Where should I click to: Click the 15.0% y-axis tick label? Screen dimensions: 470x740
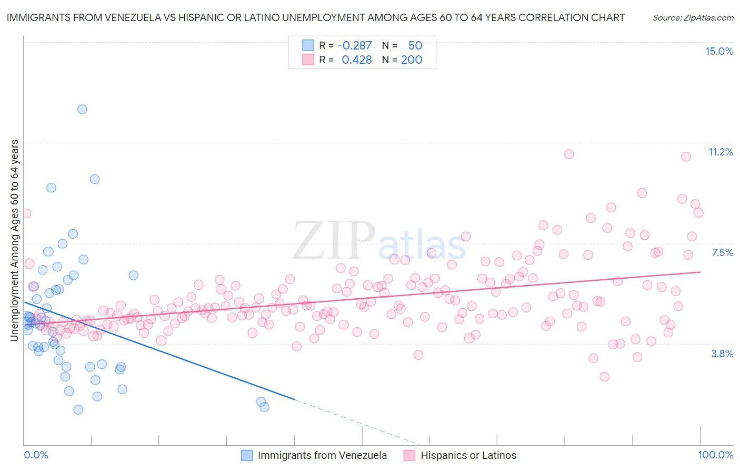point(719,51)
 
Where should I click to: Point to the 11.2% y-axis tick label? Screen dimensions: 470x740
point(721,152)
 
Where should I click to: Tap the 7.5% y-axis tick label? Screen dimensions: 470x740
point(722,252)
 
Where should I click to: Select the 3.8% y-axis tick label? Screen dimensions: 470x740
point(722,354)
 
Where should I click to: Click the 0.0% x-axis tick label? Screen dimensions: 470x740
point(36,455)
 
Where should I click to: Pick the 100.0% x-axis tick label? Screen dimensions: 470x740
point(715,455)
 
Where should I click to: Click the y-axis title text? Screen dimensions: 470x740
point(14,240)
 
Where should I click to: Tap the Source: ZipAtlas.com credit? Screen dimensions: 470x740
point(693,17)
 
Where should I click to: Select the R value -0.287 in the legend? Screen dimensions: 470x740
point(354,45)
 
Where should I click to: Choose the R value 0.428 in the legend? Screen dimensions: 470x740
point(356,60)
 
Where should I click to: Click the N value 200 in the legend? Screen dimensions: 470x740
point(412,60)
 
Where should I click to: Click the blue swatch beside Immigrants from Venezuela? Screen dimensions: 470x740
point(247,455)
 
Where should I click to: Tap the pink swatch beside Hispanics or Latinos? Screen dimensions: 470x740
point(409,455)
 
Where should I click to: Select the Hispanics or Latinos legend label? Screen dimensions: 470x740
point(468,455)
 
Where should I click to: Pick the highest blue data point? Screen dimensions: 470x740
point(82,110)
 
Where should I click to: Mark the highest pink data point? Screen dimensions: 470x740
point(569,154)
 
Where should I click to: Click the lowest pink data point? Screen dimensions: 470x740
point(604,377)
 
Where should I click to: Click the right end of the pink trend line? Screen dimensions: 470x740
point(700,272)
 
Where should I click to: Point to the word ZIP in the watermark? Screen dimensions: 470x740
point(334,241)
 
